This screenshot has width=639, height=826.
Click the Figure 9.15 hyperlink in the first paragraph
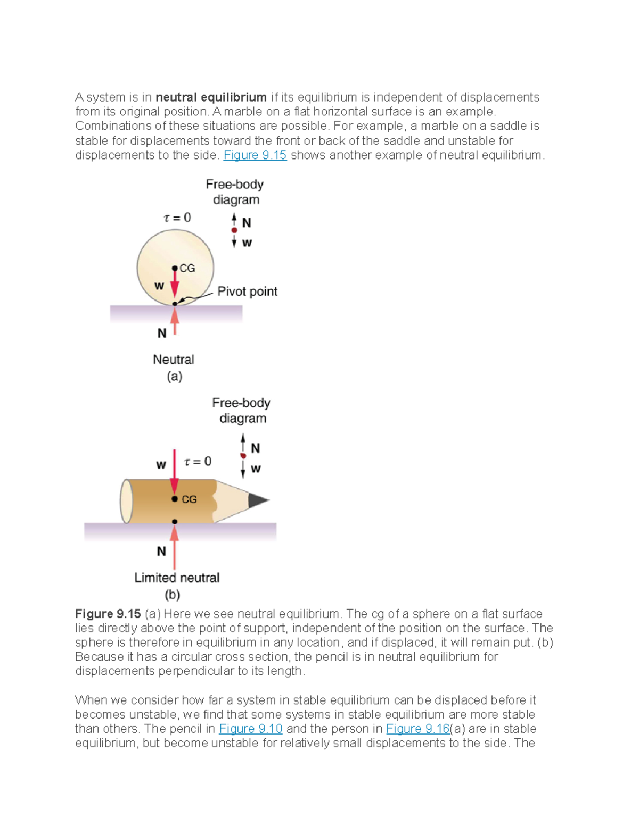coord(255,155)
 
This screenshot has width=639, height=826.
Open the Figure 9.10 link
coord(250,729)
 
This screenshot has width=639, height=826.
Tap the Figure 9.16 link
coord(417,729)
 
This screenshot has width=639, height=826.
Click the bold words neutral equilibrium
coord(211,97)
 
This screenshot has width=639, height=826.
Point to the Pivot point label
coord(247,291)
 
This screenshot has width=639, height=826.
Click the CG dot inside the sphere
coord(175,269)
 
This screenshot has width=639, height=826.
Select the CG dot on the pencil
coord(175,499)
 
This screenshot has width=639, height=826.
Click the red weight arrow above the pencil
coord(174,471)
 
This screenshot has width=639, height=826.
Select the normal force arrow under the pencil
coord(175,545)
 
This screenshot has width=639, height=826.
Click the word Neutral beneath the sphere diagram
coord(174,360)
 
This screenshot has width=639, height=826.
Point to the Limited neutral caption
coord(177,578)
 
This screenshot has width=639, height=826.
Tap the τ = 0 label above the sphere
coord(177,218)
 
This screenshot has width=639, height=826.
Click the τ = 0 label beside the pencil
coord(198,461)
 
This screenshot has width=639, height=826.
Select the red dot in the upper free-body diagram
coord(234,230)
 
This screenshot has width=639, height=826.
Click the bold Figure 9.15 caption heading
coord(108,614)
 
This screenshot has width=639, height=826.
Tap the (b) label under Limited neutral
coord(172,594)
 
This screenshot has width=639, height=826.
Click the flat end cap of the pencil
coord(126,501)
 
